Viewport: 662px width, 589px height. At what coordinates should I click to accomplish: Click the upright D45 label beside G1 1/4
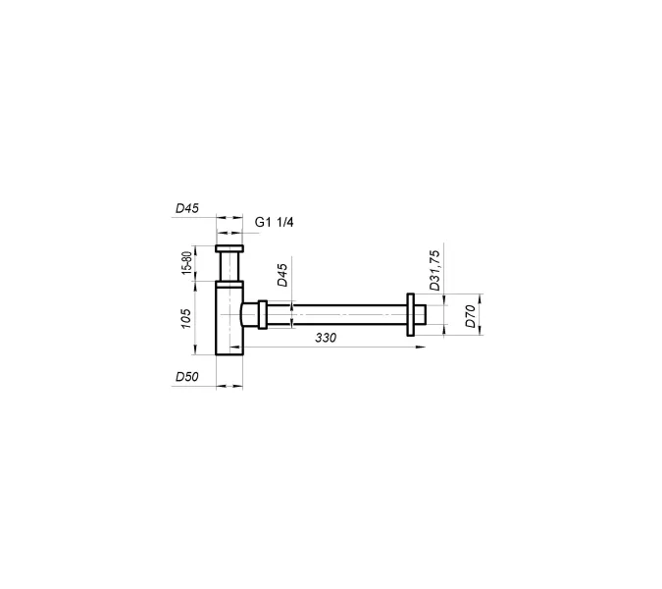point(187,208)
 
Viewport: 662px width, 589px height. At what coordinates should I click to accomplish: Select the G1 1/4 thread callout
point(275,222)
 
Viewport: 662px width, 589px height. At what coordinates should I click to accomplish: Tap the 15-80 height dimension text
point(186,263)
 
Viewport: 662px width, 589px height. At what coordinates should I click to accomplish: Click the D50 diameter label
point(187,376)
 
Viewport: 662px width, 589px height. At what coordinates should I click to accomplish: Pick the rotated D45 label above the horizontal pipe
point(281,276)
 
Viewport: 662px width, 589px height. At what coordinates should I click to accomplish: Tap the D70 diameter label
point(470,316)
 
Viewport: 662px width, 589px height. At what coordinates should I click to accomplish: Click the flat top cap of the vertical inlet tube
point(230,248)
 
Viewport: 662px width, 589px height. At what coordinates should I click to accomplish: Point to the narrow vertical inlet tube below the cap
point(230,267)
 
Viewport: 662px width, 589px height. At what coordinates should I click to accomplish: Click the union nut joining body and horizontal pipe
point(262,316)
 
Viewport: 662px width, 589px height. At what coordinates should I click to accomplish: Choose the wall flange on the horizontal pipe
point(408,316)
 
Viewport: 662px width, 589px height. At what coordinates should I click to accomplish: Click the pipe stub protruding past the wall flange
point(419,316)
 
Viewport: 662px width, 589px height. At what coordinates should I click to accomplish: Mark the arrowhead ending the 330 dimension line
point(421,346)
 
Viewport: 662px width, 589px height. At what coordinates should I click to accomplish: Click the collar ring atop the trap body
point(229,284)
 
